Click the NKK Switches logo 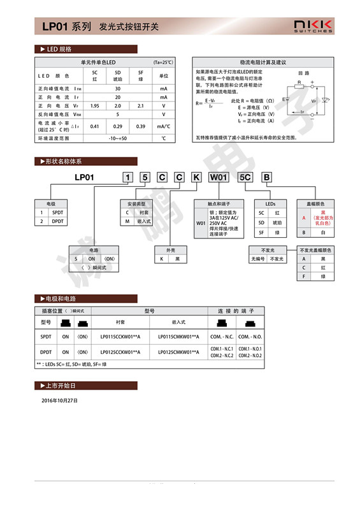(312, 25)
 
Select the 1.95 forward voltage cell (95, 106)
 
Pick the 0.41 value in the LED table (95, 126)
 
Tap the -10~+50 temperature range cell (117, 138)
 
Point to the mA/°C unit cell (163, 126)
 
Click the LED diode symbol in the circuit (325, 100)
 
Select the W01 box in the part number (218, 178)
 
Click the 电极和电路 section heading (61, 298)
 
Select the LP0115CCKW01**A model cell (120, 335)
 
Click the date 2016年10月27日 (59, 400)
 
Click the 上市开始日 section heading (61, 386)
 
